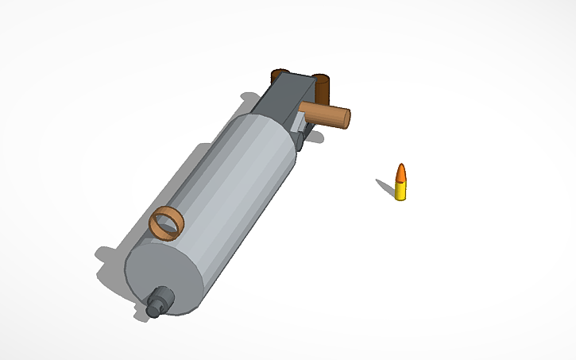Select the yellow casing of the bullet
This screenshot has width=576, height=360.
pyautogui.click(x=401, y=191)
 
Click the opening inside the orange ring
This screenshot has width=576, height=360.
pyautogui.click(x=166, y=224)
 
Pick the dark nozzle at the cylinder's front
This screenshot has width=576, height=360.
pyautogui.click(x=162, y=300)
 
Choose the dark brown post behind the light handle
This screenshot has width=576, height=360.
pyautogui.click(x=322, y=83)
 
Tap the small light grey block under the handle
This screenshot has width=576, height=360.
pyautogui.click(x=301, y=127)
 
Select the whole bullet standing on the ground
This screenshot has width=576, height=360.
pyautogui.click(x=401, y=183)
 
